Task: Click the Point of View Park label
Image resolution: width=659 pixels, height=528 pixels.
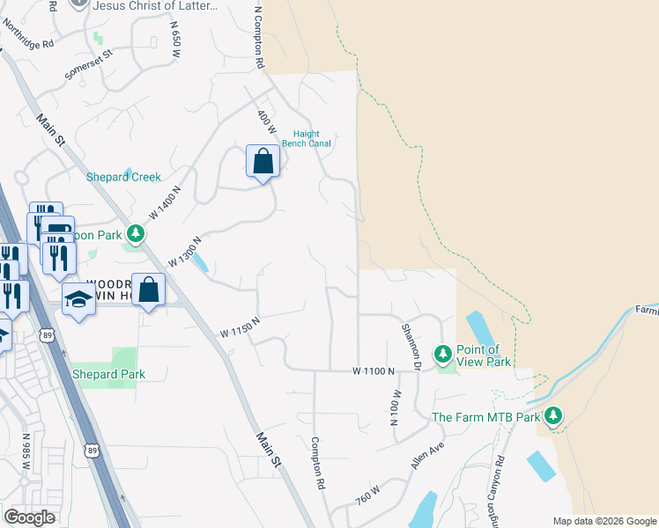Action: [x=483, y=356]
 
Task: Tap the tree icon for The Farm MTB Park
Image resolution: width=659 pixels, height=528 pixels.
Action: [x=553, y=414]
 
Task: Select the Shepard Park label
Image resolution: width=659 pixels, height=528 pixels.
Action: [x=107, y=374]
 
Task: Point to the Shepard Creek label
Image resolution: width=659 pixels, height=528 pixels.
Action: [x=123, y=176]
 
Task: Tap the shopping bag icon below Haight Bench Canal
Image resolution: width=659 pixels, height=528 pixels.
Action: [x=263, y=162]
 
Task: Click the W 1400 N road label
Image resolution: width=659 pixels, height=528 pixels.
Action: [x=165, y=202]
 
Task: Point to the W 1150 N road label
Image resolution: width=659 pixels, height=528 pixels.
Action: [x=240, y=326]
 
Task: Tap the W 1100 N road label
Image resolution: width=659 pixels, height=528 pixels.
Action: [x=374, y=371]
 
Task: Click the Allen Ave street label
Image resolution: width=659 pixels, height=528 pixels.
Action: [x=425, y=456]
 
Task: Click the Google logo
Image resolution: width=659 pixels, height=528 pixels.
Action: [x=30, y=517]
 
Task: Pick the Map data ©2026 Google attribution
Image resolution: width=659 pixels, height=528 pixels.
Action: [x=603, y=521]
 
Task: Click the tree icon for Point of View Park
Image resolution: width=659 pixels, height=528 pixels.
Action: [x=443, y=355]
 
